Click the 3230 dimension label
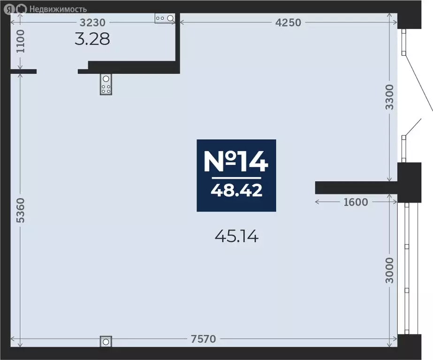92,22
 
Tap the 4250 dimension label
288,22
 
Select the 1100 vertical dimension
21,41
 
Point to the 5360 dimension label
21,210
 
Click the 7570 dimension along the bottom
203,339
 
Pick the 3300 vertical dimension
389,97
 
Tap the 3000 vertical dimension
389,270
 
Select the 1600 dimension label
356,202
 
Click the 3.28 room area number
92,39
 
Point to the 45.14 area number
236,236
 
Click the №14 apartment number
236,161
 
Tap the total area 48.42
236,190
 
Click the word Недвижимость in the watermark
58,9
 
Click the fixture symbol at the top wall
165,18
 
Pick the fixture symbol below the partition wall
106,84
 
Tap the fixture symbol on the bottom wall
106,342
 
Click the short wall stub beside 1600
356,187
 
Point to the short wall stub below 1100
23,71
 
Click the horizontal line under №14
236,178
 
